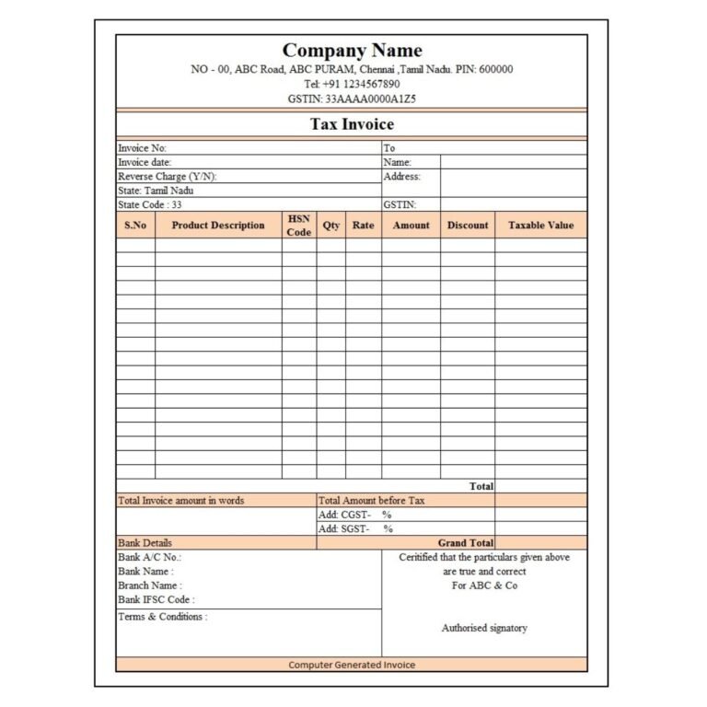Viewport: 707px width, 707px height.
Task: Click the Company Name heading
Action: point(352,51)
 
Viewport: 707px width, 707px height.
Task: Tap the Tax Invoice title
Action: point(352,124)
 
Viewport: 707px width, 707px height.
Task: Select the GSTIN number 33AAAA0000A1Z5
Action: point(352,99)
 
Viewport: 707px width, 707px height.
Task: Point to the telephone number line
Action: point(352,84)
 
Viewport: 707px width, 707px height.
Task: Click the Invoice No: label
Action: point(143,148)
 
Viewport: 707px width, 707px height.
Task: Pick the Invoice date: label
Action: point(145,162)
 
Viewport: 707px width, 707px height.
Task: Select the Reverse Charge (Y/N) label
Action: point(168,177)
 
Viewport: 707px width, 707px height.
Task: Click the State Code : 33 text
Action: point(150,205)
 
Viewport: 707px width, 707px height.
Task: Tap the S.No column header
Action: point(134,226)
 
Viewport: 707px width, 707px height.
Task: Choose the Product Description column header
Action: point(218,226)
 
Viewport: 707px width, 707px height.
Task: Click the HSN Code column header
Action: point(299,226)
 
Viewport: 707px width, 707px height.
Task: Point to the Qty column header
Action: point(331,226)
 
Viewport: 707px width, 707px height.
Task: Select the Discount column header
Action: point(468,226)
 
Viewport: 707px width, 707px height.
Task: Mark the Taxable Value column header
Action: point(540,226)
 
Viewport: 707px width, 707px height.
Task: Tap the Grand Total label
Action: point(466,543)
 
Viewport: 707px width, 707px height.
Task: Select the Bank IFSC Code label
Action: point(156,600)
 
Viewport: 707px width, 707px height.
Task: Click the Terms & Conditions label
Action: point(163,617)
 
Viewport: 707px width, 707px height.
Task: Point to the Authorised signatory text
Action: point(484,628)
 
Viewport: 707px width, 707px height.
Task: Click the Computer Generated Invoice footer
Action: point(352,665)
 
